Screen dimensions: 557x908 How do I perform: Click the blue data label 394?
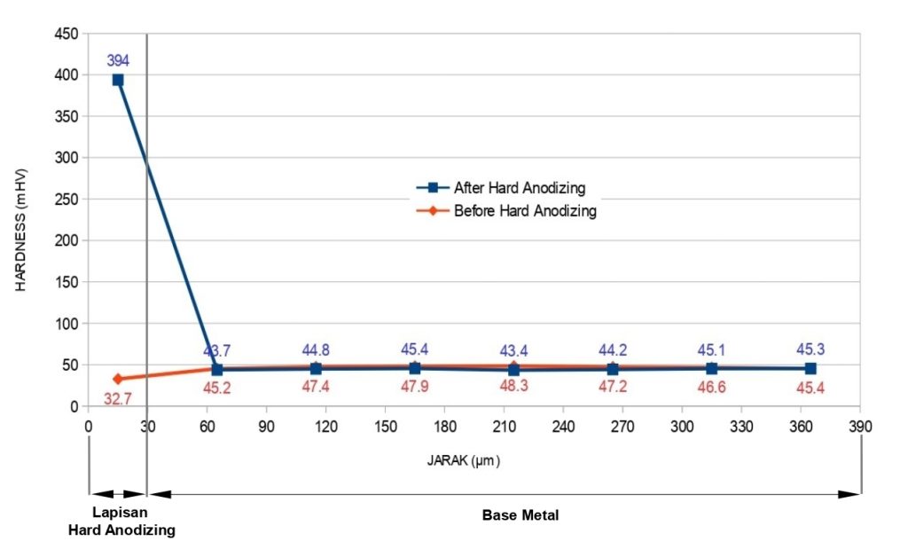pos(118,61)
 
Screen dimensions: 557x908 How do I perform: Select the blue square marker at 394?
pos(118,80)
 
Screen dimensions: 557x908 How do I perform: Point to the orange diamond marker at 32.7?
pos(118,379)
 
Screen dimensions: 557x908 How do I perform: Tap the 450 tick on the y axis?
pos(67,34)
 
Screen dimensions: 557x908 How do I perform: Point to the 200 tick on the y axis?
pos(67,240)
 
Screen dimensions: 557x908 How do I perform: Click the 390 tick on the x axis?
pos(859,426)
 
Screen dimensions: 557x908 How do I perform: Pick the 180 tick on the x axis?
pos(444,426)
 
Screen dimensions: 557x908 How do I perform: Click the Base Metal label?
pos(521,514)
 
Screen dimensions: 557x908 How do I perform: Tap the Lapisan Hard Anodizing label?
pos(121,522)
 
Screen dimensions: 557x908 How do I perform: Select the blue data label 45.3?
pos(811,349)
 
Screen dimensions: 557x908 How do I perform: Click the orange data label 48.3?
pos(514,388)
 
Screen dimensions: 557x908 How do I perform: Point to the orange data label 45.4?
pos(811,388)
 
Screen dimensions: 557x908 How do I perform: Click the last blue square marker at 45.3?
pos(810,368)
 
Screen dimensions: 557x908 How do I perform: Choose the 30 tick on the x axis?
pos(147,426)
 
